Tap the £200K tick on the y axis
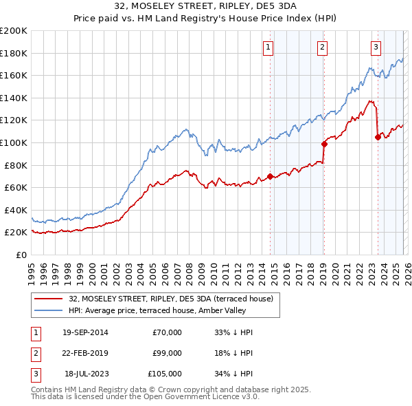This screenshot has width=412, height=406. [x=14, y=31]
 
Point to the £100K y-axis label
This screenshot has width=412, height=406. [x=14, y=143]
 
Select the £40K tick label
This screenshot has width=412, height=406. [x=16, y=210]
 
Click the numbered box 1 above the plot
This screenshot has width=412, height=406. [x=267, y=47]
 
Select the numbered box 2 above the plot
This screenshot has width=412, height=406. [x=322, y=47]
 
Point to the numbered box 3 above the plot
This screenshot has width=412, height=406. [x=376, y=47]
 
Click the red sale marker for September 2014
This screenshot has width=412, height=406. [x=270, y=176]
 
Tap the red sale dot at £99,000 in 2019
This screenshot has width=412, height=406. [x=323, y=144]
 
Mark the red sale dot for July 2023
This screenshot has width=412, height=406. [x=378, y=137]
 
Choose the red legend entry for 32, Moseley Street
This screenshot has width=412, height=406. [x=171, y=299]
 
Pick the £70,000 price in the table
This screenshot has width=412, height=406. [x=167, y=332]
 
